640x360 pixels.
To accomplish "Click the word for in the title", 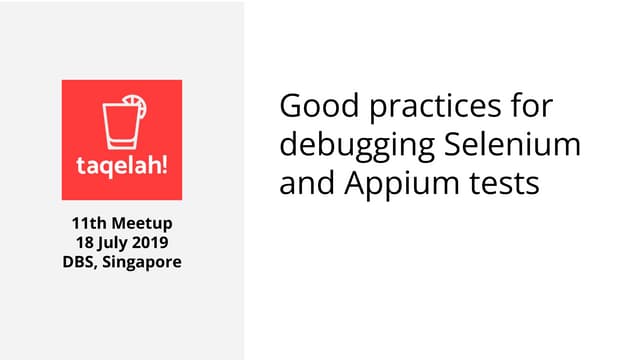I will point(529,106).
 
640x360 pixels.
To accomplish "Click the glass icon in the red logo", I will point(119,121).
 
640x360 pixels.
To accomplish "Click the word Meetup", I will point(141,222).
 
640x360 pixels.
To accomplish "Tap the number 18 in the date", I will point(84,242).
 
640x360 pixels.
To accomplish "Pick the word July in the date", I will point(113,243).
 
